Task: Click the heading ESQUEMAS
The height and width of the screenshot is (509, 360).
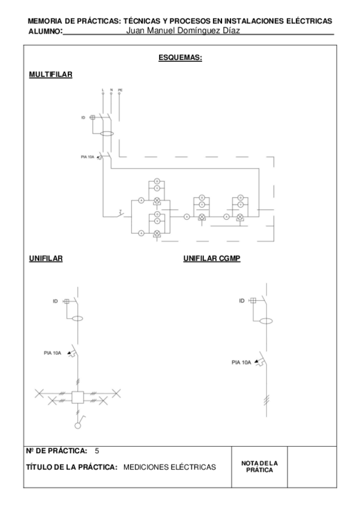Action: [179, 58]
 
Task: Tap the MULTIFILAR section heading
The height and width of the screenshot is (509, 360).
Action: [50, 74]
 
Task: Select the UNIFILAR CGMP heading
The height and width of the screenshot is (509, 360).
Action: [212, 259]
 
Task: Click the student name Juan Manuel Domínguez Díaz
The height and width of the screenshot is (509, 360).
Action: [184, 31]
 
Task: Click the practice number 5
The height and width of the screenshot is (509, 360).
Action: [97, 450]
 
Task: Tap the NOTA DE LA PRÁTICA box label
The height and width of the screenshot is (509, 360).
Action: [259, 466]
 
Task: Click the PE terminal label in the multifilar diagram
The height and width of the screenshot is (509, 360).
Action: [120, 90]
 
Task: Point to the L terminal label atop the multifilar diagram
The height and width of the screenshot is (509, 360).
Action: [103, 90]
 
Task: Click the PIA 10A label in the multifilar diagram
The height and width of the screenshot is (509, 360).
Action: [88, 157]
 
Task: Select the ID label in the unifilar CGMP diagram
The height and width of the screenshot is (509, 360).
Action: [242, 300]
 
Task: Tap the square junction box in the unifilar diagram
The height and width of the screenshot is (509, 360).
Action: [77, 397]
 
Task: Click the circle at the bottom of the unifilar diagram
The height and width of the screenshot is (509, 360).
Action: [77, 426]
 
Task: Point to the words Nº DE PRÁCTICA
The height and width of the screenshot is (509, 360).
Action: [57, 450]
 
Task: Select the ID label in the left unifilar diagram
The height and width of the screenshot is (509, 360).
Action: [55, 301]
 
